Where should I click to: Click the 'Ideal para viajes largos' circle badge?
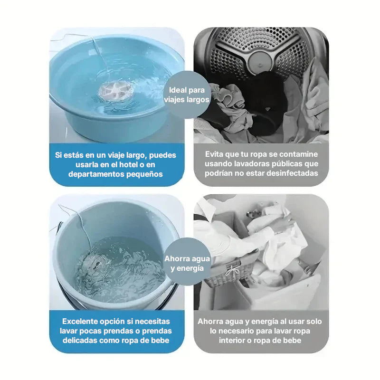(x=187, y=95)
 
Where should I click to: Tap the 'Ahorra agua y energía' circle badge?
(x=187, y=262)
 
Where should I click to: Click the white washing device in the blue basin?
(x=116, y=91)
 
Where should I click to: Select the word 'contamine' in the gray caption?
(x=298, y=154)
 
